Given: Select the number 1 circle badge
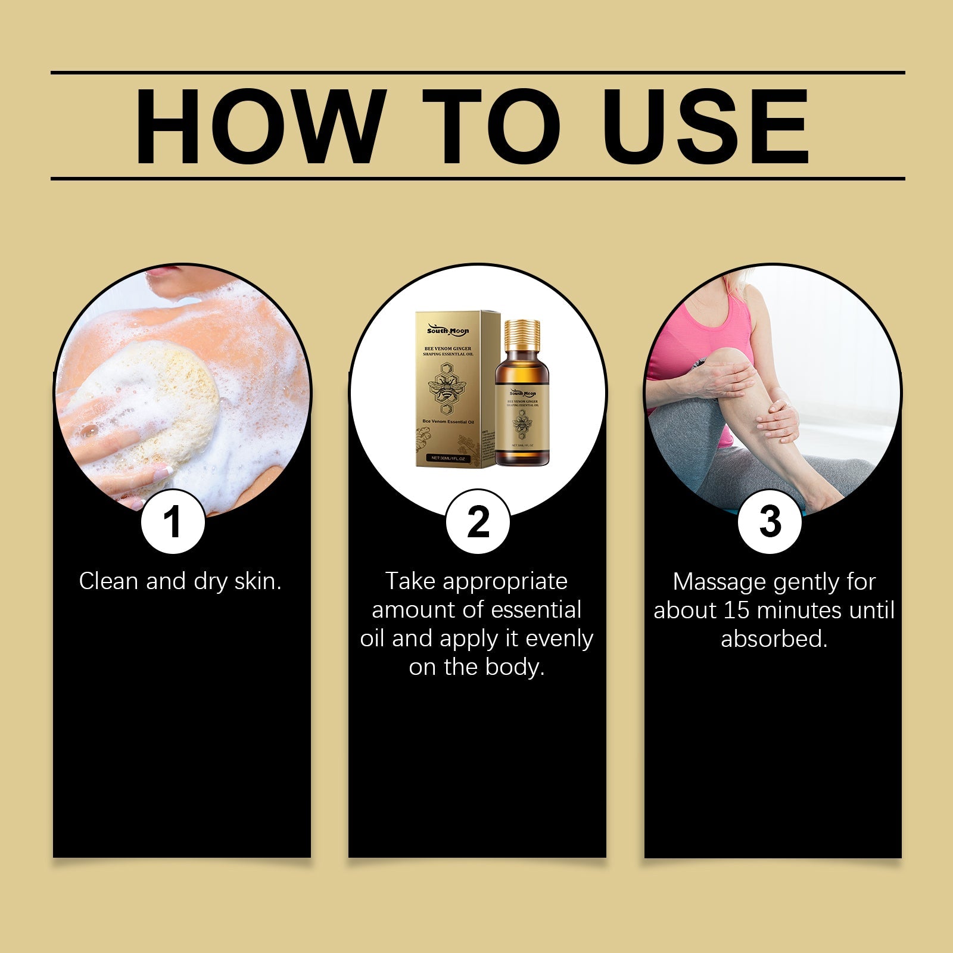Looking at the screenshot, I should point(173,522).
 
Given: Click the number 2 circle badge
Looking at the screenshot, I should point(478,522).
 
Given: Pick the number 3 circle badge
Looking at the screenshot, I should point(770,522).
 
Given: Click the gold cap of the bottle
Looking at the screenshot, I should point(522,334).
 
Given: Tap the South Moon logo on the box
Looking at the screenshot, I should point(448,331).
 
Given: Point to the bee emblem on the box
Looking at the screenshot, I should point(447,388).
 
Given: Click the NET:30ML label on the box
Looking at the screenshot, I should point(449,459).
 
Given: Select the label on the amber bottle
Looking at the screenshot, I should point(522,417).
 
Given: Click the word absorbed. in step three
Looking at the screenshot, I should point(774,639).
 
